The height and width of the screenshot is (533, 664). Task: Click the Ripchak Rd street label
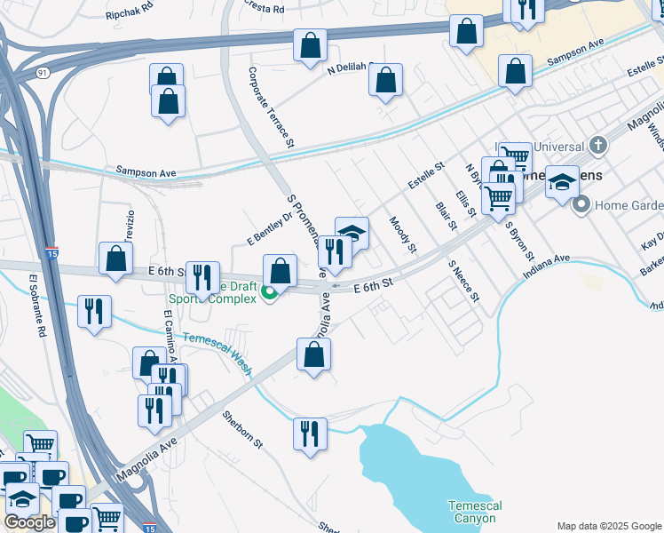tap(130, 15)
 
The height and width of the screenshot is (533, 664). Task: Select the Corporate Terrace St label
tap(271, 107)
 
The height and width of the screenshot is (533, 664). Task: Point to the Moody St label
tap(402, 234)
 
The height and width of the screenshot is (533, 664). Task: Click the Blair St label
tap(446, 216)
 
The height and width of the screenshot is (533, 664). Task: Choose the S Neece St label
tap(463, 281)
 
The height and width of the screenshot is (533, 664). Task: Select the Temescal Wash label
tap(218, 349)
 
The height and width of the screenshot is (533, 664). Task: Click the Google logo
tap(29, 521)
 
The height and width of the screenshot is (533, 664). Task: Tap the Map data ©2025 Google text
tap(608, 526)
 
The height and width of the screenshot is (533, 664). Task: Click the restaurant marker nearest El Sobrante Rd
tap(94, 312)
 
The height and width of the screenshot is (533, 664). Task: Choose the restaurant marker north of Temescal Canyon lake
tap(309, 435)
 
